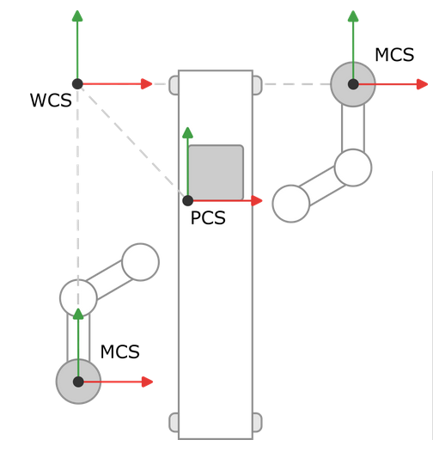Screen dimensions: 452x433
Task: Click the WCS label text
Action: point(51,101)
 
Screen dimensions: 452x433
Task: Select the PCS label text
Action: point(208,218)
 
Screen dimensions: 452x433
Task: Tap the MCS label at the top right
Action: point(394,56)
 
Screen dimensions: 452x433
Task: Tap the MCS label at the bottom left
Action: point(119,351)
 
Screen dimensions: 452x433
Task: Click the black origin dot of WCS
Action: point(77,83)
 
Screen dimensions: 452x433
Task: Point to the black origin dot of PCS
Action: point(187,200)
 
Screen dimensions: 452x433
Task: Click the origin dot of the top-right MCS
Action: point(353,84)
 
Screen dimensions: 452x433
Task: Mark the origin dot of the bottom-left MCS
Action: point(78,382)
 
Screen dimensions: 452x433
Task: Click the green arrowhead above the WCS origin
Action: point(77,15)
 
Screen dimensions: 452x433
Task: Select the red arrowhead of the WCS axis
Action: point(146,83)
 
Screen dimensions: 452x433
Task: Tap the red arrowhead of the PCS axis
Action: point(256,200)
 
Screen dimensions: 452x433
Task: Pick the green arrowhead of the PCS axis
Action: point(187,132)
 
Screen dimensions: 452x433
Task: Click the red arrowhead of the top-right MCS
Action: point(422,84)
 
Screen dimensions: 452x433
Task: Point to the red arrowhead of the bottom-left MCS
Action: point(147,382)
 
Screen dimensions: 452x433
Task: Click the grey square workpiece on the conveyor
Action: point(216,173)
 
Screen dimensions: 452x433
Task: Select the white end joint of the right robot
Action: point(291,204)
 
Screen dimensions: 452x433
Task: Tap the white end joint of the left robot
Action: point(140,262)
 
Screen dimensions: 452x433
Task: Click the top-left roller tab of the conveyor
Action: point(174,84)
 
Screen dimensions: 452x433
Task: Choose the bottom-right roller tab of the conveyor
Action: point(257,423)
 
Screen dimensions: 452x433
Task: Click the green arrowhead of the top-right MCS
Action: point(353,15)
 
